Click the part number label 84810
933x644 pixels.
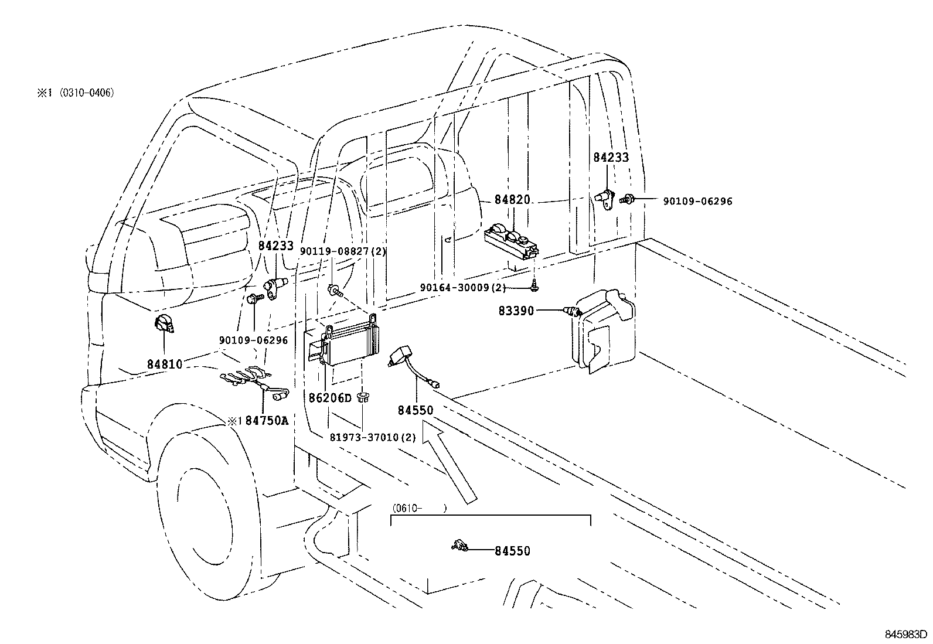click(165, 364)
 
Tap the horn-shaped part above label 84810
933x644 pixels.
click(164, 324)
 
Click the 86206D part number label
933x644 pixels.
click(330, 398)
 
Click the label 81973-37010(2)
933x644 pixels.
click(372, 437)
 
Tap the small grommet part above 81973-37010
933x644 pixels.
click(363, 397)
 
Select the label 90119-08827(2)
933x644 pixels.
click(343, 251)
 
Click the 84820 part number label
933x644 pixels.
click(512, 199)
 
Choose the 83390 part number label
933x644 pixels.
click(516, 311)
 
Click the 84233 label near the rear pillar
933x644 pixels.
click(611, 157)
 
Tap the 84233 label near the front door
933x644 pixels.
click(275, 246)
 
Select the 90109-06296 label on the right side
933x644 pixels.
click(697, 201)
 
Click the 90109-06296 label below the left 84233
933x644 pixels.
click(253, 340)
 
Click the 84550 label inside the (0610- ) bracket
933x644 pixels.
click(512, 551)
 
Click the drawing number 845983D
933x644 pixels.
click(905, 635)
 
